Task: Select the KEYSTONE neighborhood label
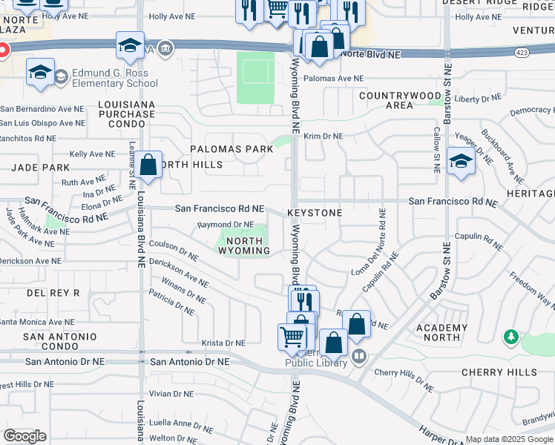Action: (315, 213)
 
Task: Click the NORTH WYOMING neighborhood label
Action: (243, 245)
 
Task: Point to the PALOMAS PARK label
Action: (231, 149)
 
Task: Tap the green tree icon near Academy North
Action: (510, 338)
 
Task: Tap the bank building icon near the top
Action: (165, 50)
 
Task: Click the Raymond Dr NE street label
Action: (226, 225)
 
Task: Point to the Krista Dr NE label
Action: (223, 343)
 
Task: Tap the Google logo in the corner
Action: (24, 436)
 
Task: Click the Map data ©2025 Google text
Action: (509, 440)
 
